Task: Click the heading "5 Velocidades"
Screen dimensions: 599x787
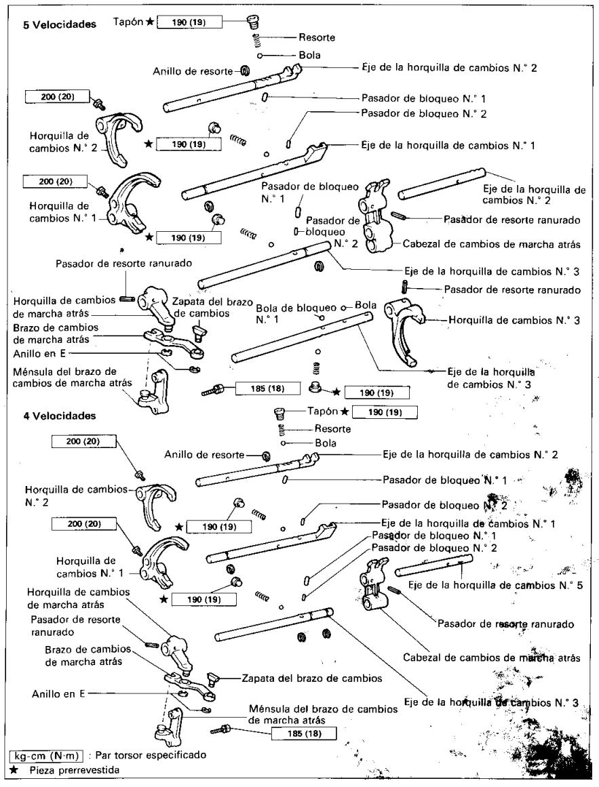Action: click(59, 24)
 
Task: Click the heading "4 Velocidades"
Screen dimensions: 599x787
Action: click(59, 416)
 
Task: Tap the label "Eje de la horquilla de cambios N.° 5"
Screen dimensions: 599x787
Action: click(496, 585)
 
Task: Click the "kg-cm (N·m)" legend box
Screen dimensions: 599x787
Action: click(45, 755)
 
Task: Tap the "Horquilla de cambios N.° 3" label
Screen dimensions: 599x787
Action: click(514, 320)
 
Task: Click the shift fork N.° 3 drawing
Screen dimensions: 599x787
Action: click(404, 331)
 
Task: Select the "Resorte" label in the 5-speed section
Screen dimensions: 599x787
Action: click(317, 37)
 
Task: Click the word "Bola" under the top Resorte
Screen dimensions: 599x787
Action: click(309, 55)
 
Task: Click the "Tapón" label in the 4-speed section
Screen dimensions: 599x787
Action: click(322, 411)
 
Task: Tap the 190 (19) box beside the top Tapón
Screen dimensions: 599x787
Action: click(189, 22)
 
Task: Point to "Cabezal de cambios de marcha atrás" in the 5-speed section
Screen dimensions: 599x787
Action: click(492, 245)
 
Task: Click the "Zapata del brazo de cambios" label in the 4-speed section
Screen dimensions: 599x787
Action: click(312, 678)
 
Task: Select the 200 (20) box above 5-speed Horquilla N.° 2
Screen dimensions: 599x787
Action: click(57, 96)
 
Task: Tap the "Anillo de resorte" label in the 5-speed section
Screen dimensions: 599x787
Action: click(193, 71)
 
